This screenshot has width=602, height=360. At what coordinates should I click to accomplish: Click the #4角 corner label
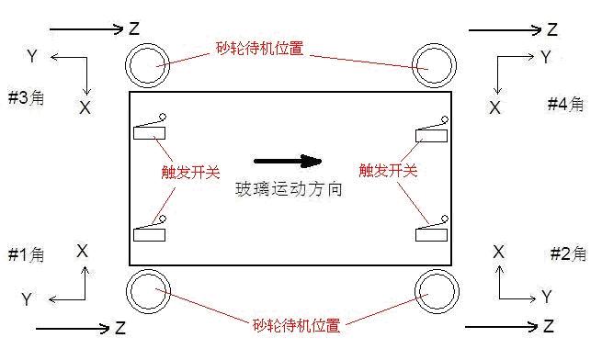tap(565, 104)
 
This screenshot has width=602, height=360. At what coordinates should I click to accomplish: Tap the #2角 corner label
tap(567, 254)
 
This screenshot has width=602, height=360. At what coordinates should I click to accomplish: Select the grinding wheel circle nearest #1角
tap(148, 292)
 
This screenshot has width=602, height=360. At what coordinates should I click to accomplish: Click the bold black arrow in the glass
tap(288, 162)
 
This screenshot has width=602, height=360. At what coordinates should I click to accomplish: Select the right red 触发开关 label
tap(389, 171)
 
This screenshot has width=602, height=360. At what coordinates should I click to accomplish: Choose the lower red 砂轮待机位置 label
tap(295, 325)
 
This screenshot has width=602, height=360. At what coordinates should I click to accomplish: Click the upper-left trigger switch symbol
tap(151, 129)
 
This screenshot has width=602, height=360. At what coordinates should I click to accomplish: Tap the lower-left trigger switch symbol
tap(151, 231)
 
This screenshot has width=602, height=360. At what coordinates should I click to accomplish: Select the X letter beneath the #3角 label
tap(85, 107)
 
